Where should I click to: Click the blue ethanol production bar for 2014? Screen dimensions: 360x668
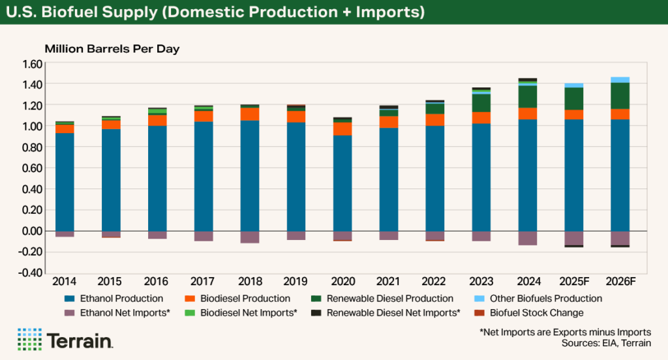coord(65,182)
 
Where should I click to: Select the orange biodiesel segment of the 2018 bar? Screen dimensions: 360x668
coord(250,114)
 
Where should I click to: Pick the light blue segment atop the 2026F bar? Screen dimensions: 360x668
coord(620,80)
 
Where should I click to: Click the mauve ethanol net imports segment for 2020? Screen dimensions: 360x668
coord(342,235)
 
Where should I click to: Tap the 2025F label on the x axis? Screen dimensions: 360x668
coord(573,282)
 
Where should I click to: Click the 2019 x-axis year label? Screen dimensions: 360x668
coord(296,282)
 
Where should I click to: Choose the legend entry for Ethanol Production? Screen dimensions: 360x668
coord(120,299)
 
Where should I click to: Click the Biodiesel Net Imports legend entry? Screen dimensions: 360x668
coord(251,313)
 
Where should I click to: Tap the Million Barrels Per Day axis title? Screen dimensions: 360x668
coord(112,49)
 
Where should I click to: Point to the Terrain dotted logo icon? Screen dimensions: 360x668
coord(29,340)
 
